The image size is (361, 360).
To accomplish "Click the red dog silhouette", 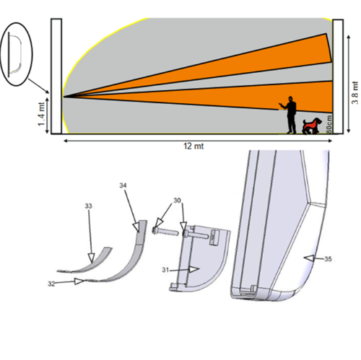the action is point(311,126).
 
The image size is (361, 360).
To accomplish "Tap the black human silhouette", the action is point(290,115).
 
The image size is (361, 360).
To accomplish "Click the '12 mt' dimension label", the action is point(193,146).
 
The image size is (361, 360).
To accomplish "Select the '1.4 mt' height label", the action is point(41,114).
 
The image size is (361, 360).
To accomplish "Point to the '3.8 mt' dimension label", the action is point(355,92).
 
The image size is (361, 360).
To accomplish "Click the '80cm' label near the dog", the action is point(329,124).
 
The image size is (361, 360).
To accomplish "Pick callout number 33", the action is point(88,206).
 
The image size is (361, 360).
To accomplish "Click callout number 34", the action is point(123,185).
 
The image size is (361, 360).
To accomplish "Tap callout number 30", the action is point(177,201).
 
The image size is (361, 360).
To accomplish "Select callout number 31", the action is point(165,270).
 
